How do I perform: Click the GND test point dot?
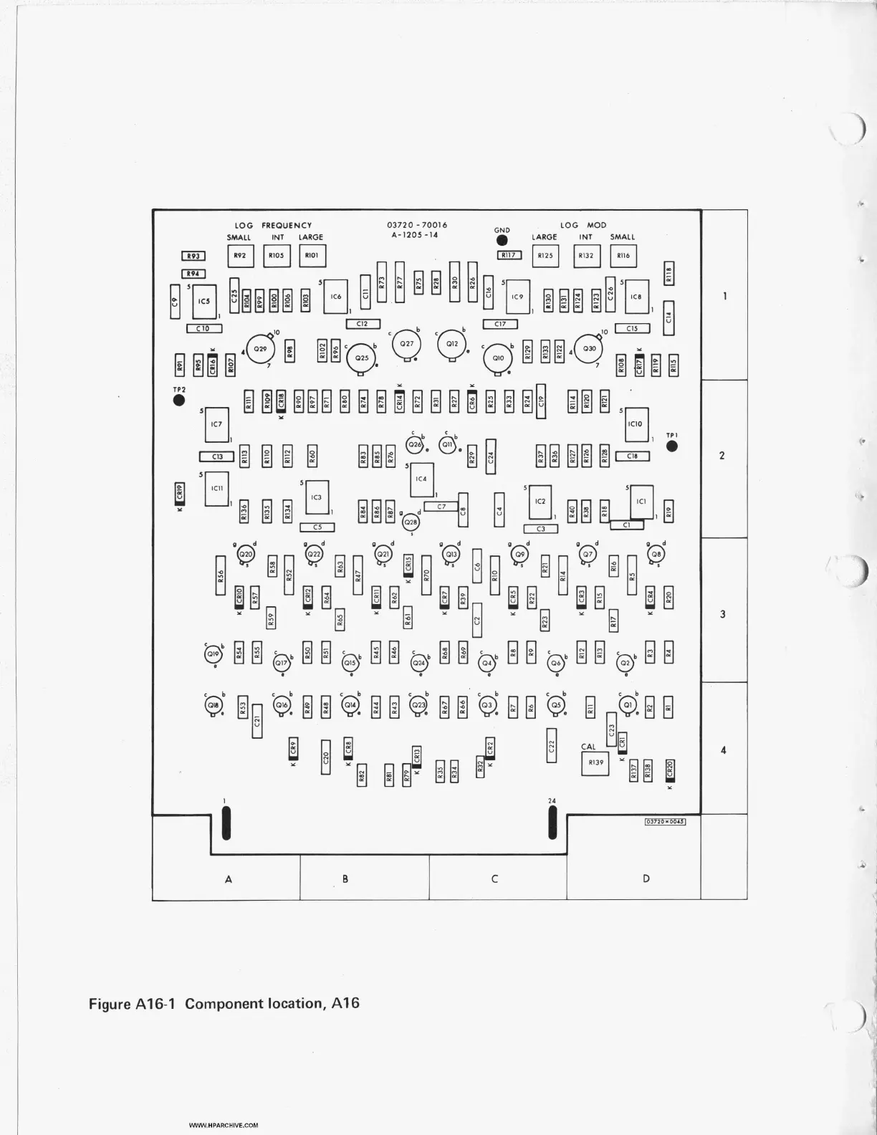point(502,241)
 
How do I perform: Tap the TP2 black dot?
point(179,400)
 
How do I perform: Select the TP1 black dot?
point(671,446)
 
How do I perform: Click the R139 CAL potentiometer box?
point(595,762)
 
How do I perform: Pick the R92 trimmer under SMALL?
point(240,255)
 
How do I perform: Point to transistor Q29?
point(260,348)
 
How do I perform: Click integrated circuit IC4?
point(421,478)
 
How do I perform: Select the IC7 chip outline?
point(216,425)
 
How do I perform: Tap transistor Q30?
point(589,348)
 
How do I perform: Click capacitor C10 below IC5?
point(203,328)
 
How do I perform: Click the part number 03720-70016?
point(417,225)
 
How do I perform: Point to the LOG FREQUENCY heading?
point(273,225)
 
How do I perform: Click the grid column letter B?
point(345,878)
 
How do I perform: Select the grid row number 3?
point(722,614)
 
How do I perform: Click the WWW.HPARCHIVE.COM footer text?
point(224,1126)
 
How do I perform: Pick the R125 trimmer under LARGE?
point(545,255)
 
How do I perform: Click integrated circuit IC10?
point(636,424)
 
